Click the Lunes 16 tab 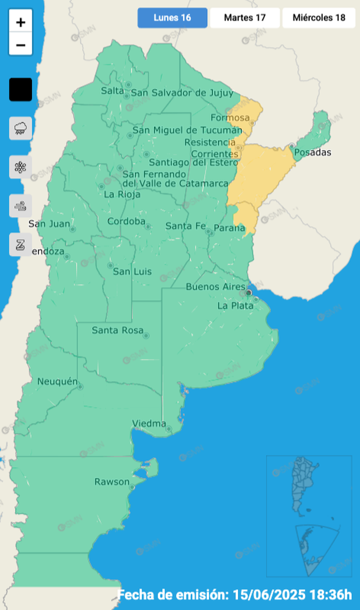(x=172, y=18)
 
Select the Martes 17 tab (x=244, y=18)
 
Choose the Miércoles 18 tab (x=319, y=18)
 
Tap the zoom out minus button (x=21, y=45)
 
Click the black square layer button (x=21, y=90)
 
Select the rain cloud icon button (x=21, y=128)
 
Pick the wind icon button (x=21, y=206)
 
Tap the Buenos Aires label (x=215, y=287)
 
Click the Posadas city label (x=312, y=153)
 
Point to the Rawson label (x=112, y=482)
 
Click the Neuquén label (x=57, y=382)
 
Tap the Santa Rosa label (x=117, y=330)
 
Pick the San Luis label (x=132, y=271)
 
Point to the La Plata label (x=234, y=306)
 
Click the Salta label (x=112, y=90)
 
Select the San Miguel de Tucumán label (x=187, y=130)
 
